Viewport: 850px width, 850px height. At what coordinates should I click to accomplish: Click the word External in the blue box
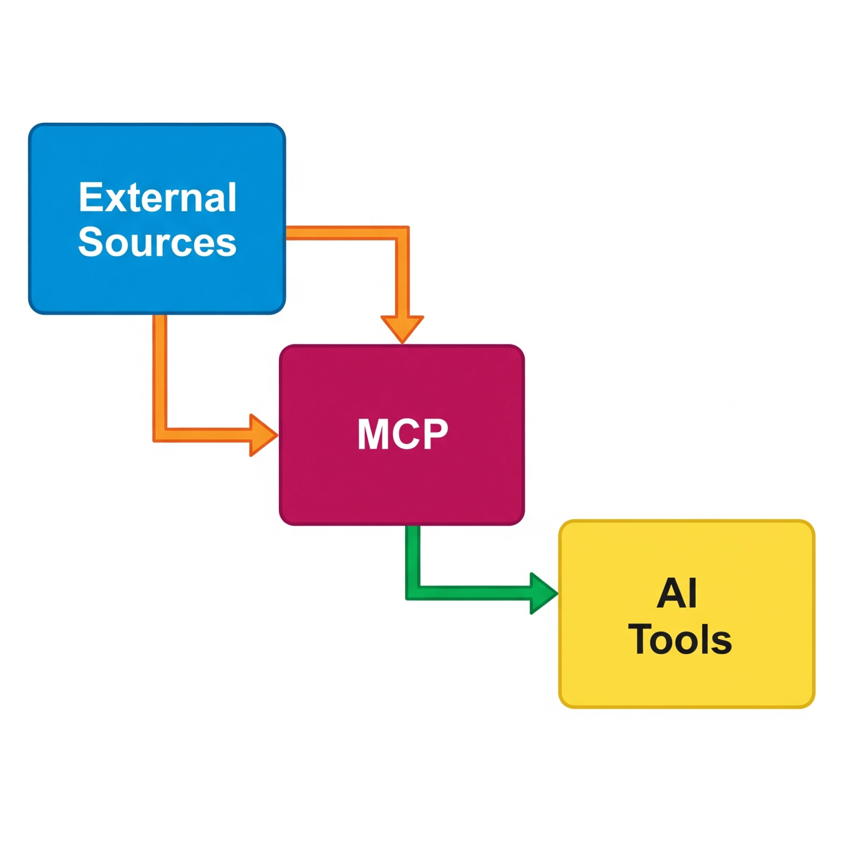click(158, 198)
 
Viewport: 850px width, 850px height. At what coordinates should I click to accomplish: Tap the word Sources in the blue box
click(158, 242)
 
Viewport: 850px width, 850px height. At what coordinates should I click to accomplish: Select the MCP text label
click(402, 434)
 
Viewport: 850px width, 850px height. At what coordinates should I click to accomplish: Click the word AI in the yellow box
click(677, 593)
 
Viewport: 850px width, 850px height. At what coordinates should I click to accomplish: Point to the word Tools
click(680, 640)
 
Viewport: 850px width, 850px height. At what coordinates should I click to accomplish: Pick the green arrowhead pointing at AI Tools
click(542, 593)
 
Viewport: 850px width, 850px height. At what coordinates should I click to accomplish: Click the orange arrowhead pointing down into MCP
click(402, 328)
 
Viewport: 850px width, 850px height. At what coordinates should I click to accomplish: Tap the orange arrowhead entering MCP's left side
click(262, 435)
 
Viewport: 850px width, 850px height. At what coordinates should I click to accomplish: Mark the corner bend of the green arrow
click(413, 593)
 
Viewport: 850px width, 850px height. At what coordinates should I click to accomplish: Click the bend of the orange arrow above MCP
click(402, 233)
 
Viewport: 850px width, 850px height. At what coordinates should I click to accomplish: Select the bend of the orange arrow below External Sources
click(160, 435)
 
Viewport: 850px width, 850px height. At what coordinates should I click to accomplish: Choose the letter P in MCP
click(435, 434)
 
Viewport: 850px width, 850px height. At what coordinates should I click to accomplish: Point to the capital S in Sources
click(91, 242)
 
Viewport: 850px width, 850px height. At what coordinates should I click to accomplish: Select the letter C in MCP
click(405, 434)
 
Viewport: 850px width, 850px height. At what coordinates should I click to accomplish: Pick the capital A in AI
click(670, 593)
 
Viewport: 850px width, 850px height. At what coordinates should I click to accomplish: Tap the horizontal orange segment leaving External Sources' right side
click(340, 233)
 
